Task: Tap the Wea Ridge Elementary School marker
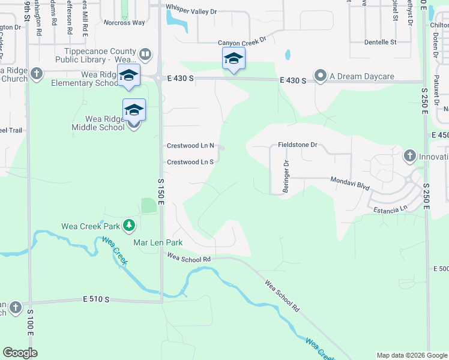click(128, 76)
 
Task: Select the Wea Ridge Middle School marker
click(134, 110)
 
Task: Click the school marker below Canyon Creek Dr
click(234, 59)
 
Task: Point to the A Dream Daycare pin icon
click(321, 76)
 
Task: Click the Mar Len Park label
click(158, 243)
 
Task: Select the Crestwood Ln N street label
click(190, 146)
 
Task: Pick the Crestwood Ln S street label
click(190, 162)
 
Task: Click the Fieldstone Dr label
click(297, 145)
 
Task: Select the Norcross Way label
click(124, 22)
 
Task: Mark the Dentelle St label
click(381, 42)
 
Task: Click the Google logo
click(20, 353)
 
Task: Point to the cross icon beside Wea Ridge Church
click(37, 74)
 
